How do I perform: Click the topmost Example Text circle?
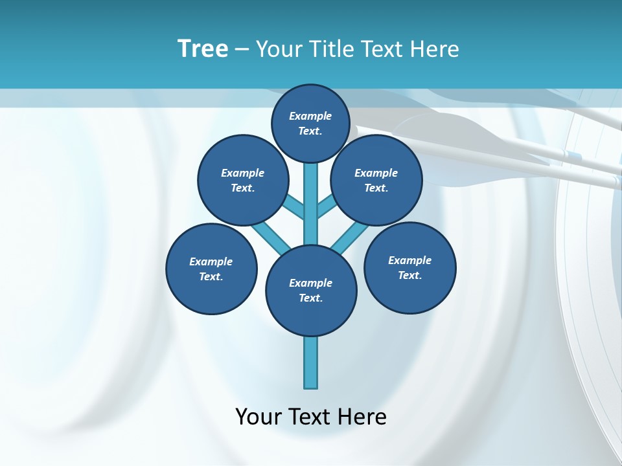[310, 123]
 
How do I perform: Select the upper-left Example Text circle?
[243, 180]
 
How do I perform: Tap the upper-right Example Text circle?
[376, 180]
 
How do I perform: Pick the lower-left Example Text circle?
[211, 269]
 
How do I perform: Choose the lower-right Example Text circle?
[410, 267]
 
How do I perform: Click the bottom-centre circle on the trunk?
[311, 290]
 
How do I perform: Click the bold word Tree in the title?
[203, 49]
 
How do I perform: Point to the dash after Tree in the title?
[242, 49]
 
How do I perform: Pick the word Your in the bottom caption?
[258, 416]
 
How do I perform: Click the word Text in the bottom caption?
[309, 416]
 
